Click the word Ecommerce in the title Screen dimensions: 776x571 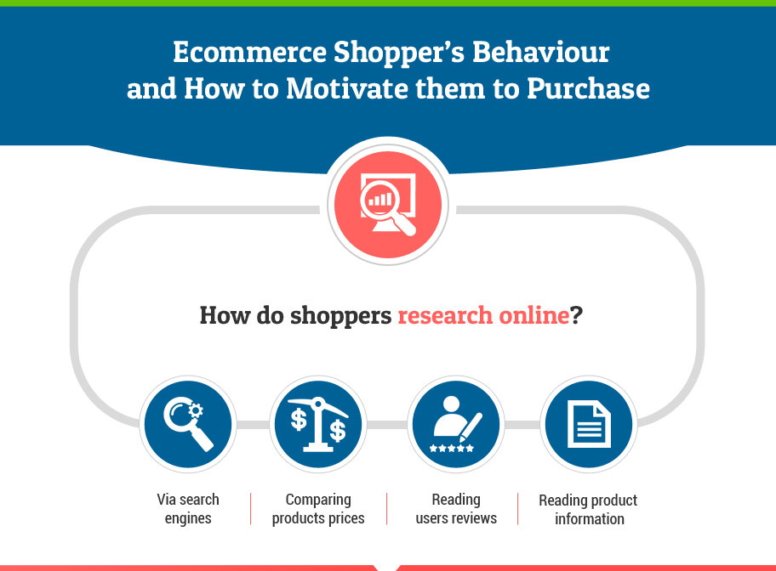click(x=249, y=52)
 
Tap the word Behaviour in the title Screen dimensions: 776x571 click(x=540, y=52)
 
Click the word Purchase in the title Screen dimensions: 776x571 click(x=588, y=88)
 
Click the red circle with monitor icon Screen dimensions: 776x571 click(x=388, y=205)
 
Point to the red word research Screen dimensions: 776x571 click(x=445, y=315)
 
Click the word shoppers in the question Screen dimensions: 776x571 click(x=340, y=316)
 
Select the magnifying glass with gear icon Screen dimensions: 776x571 click(x=188, y=424)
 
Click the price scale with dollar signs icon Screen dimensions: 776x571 click(x=318, y=424)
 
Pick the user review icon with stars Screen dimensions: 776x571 click(x=456, y=424)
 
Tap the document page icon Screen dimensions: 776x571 click(x=589, y=424)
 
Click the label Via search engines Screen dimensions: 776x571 click(x=188, y=509)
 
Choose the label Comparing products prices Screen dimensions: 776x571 click(x=318, y=509)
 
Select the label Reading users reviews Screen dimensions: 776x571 click(x=456, y=509)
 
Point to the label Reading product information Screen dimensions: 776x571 click(x=589, y=509)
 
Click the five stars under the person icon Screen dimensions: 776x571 click(x=451, y=449)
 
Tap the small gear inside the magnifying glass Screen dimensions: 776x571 click(x=196, y=410)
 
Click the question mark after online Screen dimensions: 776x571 click(x=576, y=315)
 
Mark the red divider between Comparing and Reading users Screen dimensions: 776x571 click(x=387, y=509)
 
